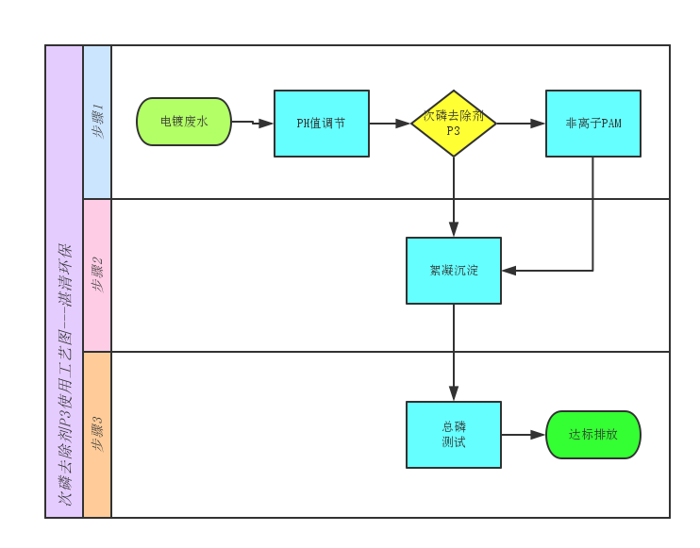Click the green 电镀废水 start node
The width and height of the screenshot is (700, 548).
click(x=184, y=122)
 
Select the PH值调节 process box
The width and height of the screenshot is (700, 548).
click(x=321, y=123)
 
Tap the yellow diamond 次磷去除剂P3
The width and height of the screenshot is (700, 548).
click(x=454, y=124)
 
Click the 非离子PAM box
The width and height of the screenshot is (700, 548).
click(x=592, y=124)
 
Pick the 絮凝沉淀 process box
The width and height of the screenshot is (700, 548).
click(x=454, y=271)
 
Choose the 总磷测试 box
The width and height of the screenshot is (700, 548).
click(x=454, y=435)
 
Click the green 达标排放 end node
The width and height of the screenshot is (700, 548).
click(x=592, y=435)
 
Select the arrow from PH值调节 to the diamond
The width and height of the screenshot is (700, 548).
click(x=390, y=124)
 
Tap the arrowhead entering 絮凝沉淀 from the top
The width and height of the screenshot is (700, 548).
click(x=454, y=229)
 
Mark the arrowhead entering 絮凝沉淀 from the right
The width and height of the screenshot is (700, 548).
click(x=509, y=271)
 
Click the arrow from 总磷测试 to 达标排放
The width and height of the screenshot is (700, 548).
click(x=524, y=435)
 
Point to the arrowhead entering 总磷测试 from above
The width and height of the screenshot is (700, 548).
click(x=454, y=393)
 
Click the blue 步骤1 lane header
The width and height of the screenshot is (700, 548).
click(x=97, y=122)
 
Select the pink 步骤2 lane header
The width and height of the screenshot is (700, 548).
click(x=97, y=274)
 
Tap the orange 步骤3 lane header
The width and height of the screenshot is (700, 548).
click(x=97, y=435)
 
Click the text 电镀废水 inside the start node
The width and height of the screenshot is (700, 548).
click(x=184, y=122)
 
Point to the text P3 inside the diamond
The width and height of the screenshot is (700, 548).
click(x=454, y=131)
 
